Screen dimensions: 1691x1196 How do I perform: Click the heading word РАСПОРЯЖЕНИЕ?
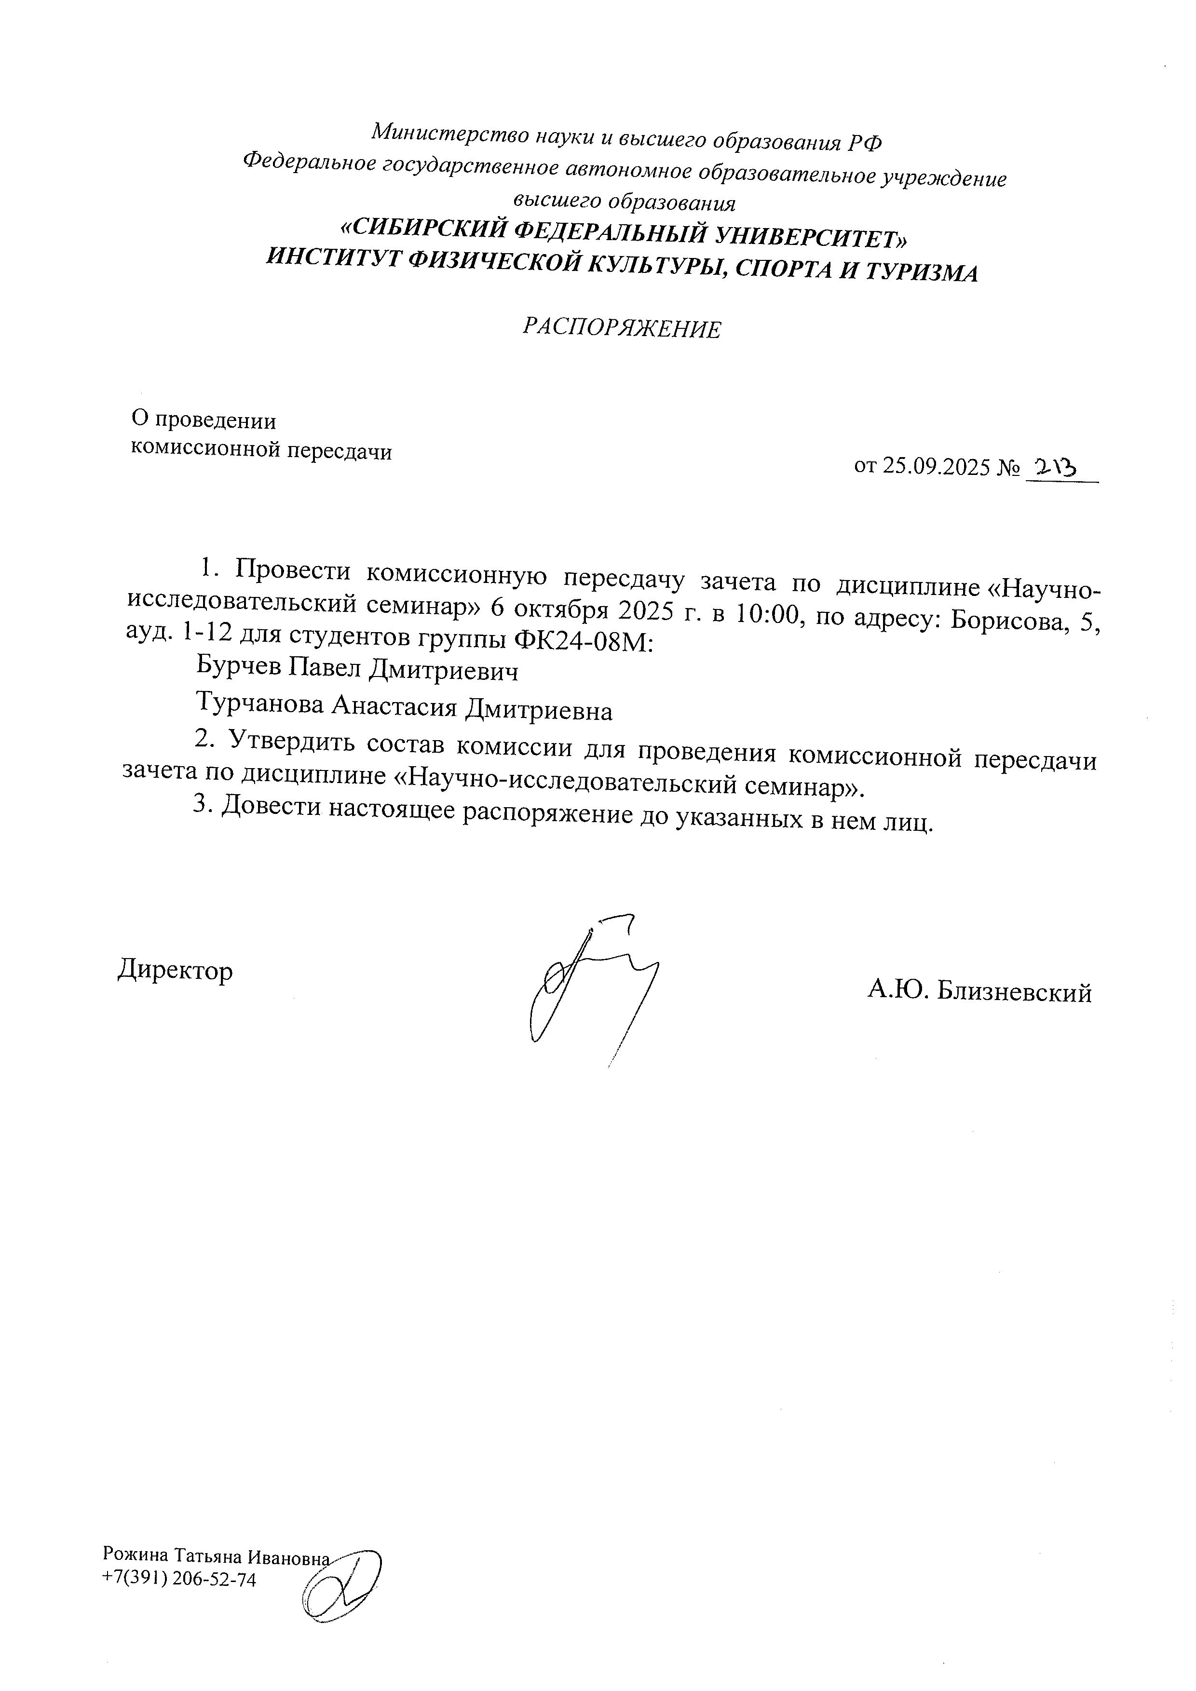click(622, 328)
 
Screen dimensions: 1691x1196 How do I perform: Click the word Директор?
click(175, 970)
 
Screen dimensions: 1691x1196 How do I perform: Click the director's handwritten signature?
click(589, 987)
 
